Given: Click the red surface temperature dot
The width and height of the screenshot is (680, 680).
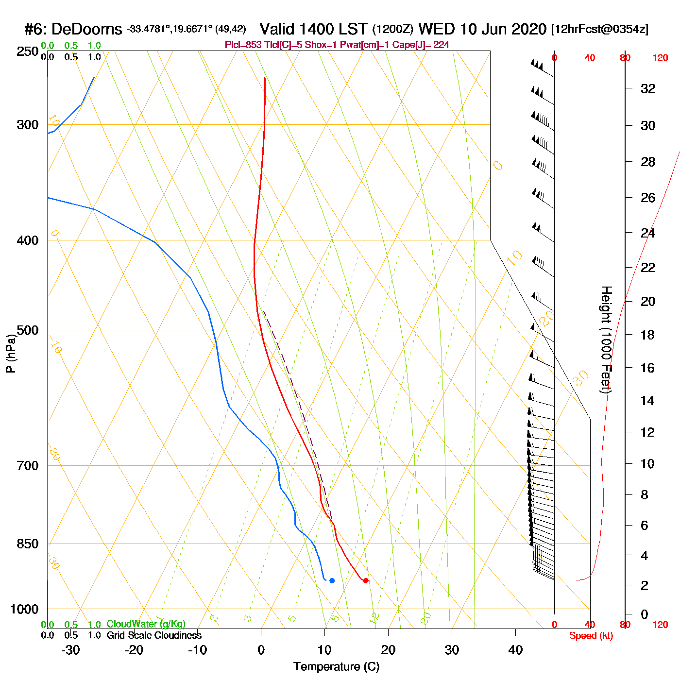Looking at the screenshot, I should point(366,580).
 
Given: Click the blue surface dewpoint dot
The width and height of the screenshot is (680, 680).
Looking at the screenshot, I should point(332,580).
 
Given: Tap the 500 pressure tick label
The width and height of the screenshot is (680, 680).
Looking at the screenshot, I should point(28,330).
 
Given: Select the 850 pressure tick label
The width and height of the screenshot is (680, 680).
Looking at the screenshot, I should point(28,544).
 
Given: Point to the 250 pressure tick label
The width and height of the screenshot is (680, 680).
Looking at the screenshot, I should point(28,51).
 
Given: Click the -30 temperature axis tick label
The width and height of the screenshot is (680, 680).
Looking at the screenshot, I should point(70,650).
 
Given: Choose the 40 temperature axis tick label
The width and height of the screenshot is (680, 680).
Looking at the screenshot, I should point(515,650).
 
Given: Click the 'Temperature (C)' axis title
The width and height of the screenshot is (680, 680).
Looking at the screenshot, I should point(336,666).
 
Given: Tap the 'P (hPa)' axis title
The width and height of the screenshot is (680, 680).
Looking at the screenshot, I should point(11,354).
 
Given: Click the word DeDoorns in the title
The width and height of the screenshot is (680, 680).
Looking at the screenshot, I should point(86,30).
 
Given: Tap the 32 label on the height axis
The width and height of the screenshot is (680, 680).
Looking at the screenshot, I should point(648,88).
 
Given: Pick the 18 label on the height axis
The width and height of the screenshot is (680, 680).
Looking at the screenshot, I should point(648,335).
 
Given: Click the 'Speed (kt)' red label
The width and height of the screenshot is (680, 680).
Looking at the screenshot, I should point(591,636).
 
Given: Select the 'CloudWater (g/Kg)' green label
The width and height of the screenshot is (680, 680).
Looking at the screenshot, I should point(146,624).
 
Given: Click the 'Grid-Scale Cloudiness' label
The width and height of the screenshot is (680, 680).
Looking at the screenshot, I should point(154,635).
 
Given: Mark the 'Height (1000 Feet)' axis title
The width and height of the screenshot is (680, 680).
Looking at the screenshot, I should point(606,340).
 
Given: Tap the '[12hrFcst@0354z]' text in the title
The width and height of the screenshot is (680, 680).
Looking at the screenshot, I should point(599,29).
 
